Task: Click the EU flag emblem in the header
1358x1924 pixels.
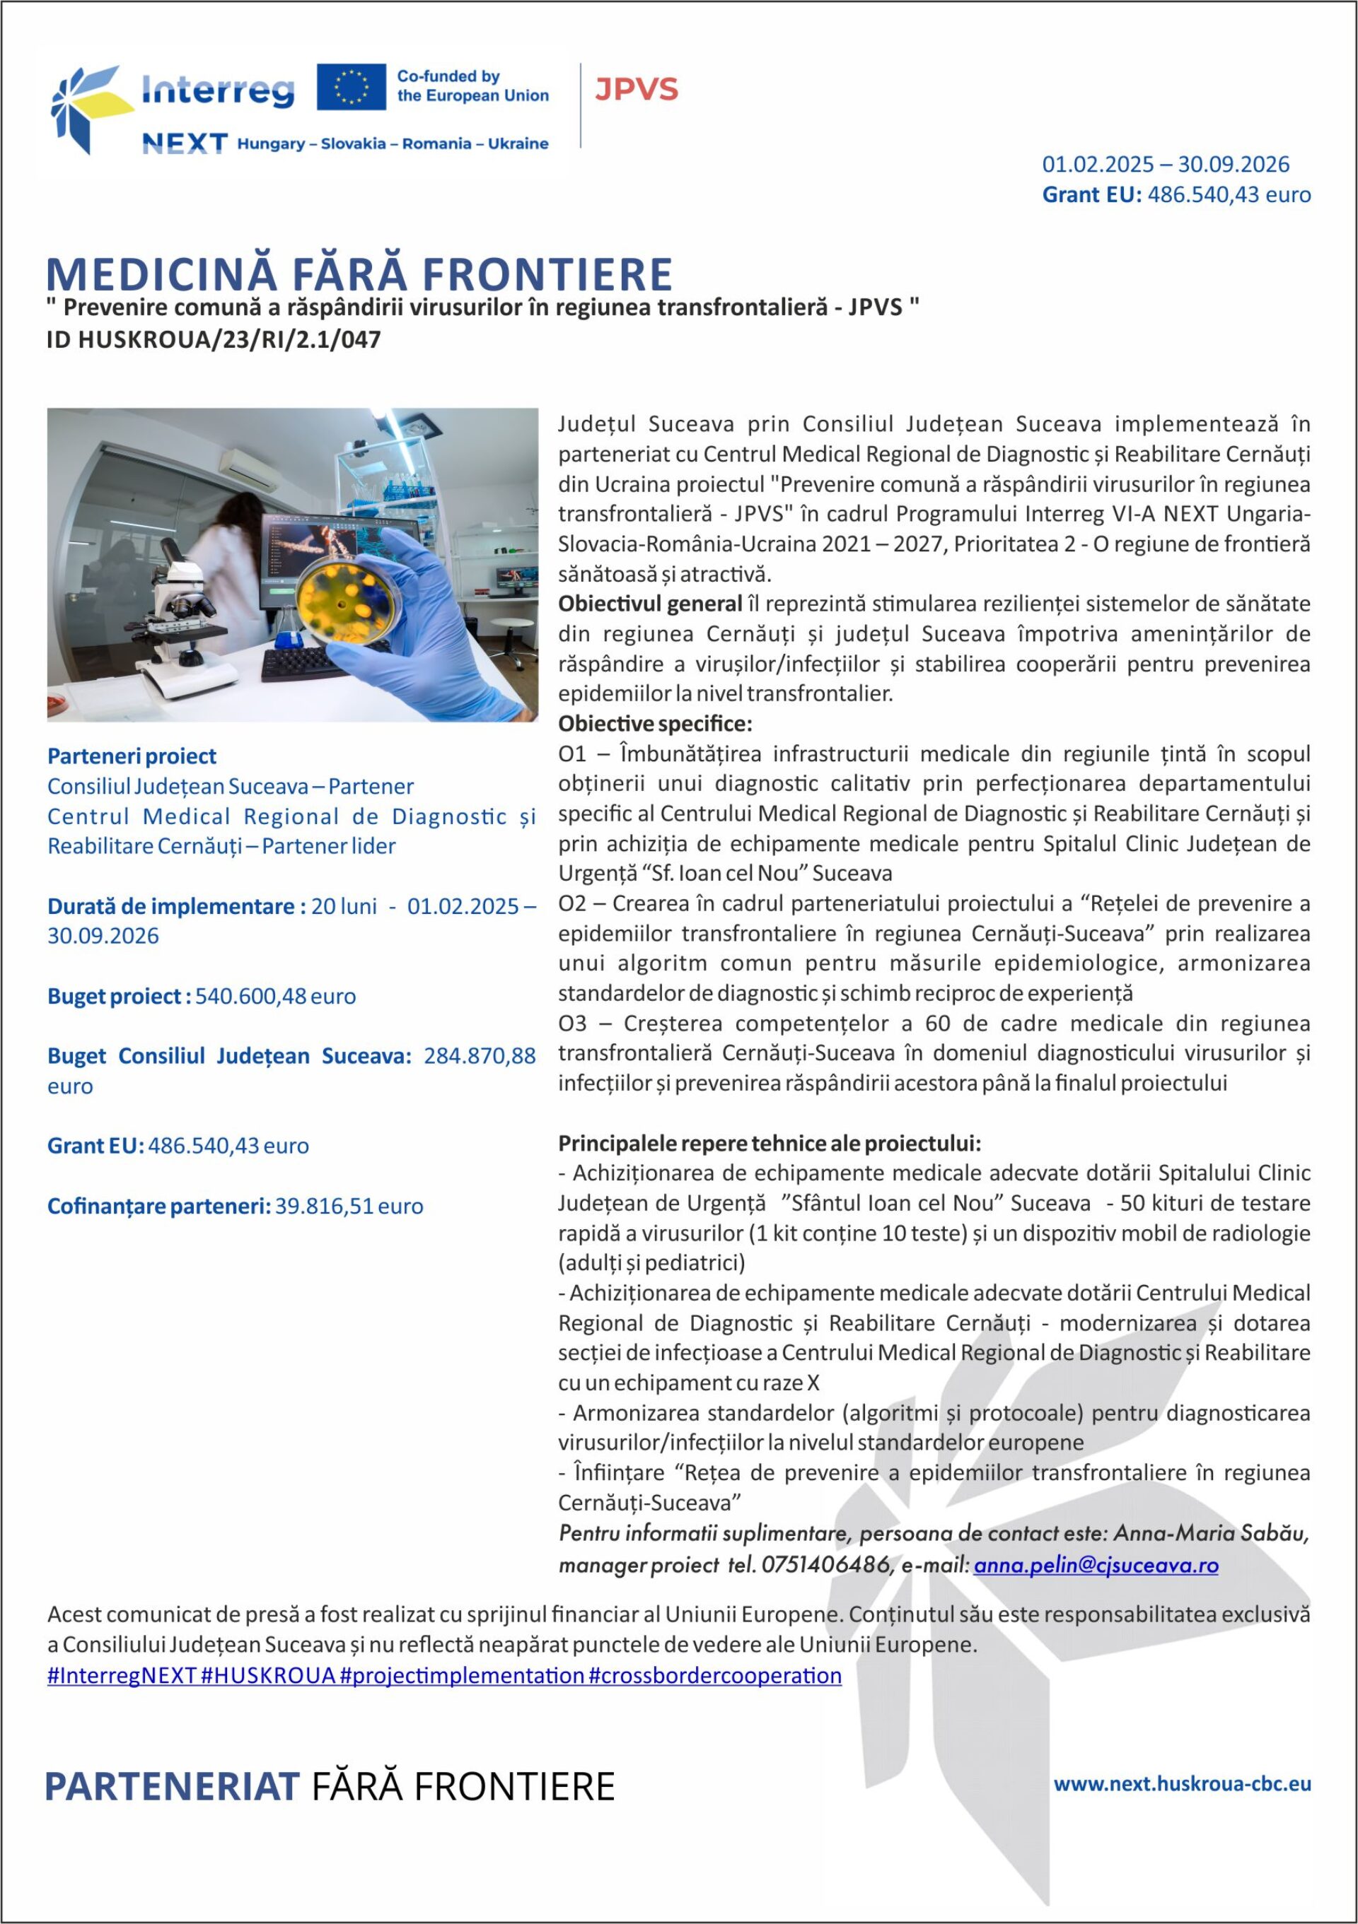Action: [352, 86]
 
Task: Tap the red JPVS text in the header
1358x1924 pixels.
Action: [637, 89]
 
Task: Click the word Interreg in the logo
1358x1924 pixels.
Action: [218, 90]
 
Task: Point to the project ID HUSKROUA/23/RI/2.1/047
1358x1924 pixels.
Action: [214, 339]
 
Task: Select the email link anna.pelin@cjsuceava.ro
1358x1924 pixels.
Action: [1096, 1564]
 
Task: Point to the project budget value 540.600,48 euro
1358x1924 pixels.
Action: [276, 997]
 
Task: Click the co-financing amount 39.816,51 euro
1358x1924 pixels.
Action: [349, 1206]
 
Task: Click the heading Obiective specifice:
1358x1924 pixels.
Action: [656, 723]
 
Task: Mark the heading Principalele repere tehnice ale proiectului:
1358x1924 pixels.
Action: [770, 1143]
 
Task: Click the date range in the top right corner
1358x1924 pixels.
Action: [1165, 164]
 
